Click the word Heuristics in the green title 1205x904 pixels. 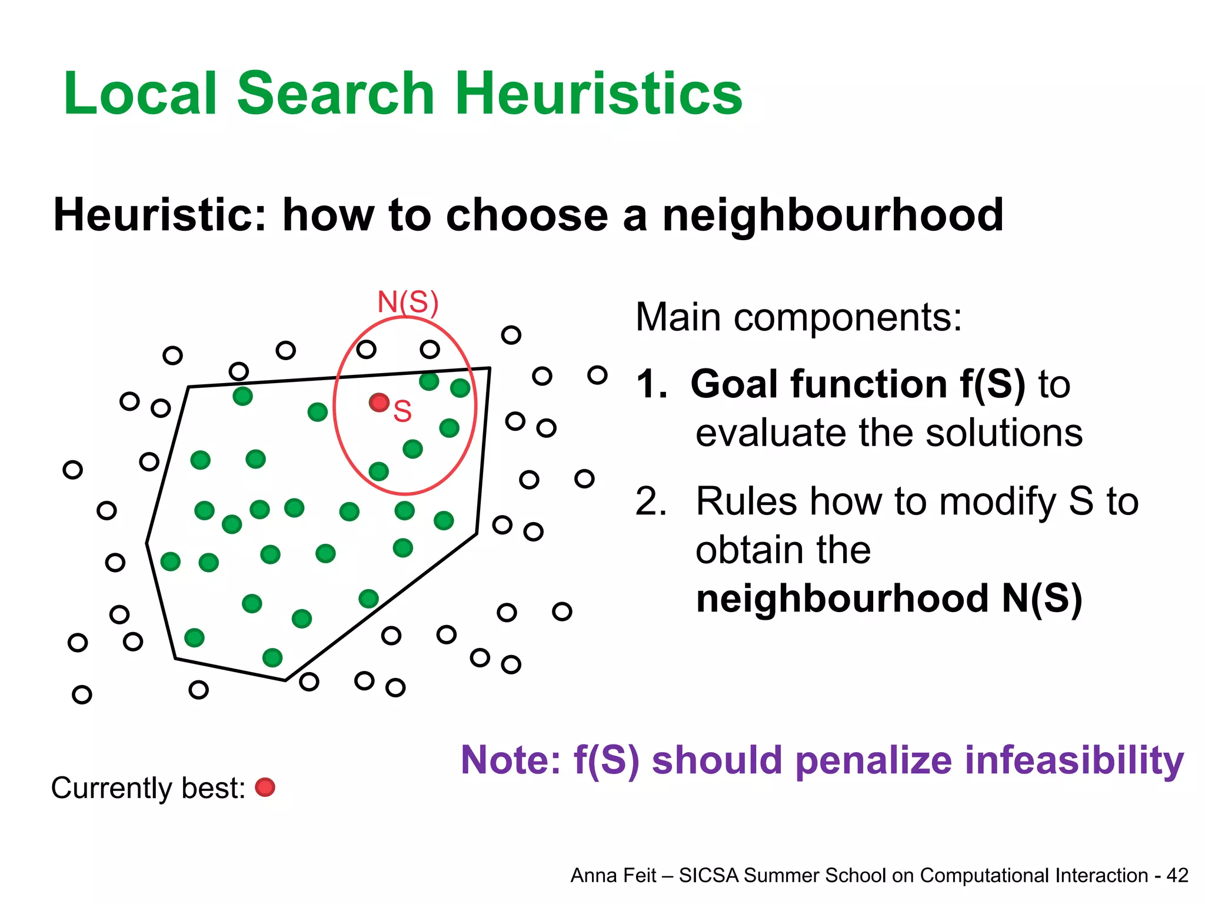(x=598, y=94)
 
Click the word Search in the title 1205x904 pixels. (x=335, y=94)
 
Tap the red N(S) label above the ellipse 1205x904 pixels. (x=408, y=303)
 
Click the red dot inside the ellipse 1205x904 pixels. (x=379, y=403)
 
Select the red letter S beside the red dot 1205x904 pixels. (x=402, y=411)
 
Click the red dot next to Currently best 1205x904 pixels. (x=265, y=787)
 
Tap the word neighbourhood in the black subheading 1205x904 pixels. (x=833, y=215)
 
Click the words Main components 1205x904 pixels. (x=798, y=318)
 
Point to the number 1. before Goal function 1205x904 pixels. (x=651, y=384)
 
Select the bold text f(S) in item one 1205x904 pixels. (x=992, y=384)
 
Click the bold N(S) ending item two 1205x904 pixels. (x=1041, y=599)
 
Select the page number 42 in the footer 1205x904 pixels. (x=1177, y=876)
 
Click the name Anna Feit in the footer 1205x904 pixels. (x=613, y=876)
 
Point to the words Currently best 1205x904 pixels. (x=148, y=789)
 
